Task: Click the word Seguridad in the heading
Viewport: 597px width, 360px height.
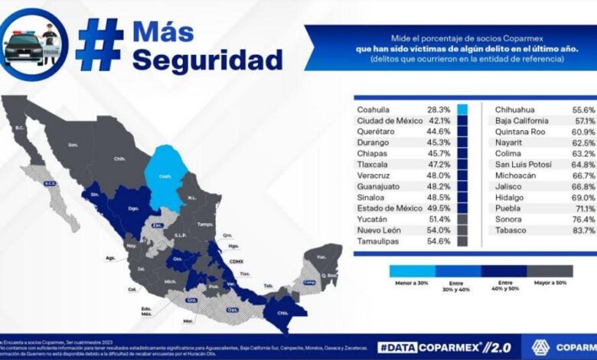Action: (207, 60)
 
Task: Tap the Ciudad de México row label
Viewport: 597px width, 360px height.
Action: (390, 120)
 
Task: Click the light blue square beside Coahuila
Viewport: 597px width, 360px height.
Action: (462, 110)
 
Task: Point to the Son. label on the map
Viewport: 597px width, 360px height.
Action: (73, 144)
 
